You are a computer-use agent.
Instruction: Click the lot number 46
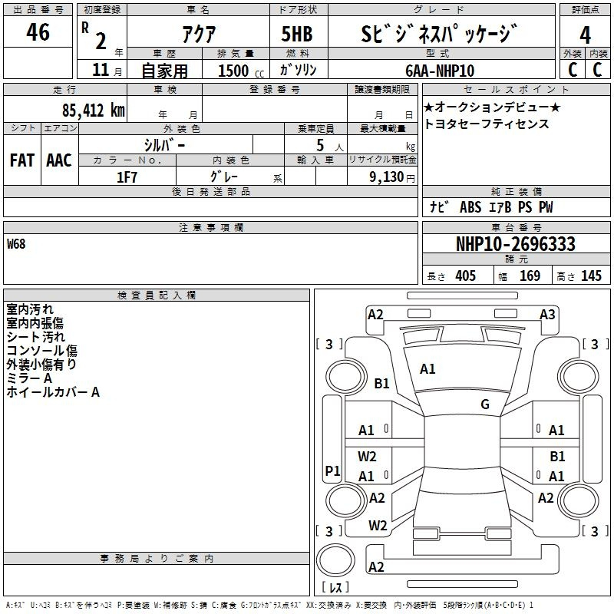click(38, 32)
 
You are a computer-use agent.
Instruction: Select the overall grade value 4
click(585, 35)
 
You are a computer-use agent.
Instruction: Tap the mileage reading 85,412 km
click(94, 110)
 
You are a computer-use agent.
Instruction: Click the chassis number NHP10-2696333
click(516, 244)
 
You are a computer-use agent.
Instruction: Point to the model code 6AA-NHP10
click(440, 71)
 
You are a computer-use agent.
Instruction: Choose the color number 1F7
click(127, 177)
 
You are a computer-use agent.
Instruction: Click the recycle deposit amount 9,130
click(387, 177)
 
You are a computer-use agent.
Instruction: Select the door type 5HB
click(297, 34)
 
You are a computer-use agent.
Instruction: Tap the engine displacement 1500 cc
click(241, 71)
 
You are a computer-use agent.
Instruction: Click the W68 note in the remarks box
click(16, 244)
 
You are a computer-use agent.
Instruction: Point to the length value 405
click(466, 276)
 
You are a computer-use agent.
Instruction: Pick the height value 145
click(591, 276)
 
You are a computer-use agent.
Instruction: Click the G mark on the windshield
click(485, 404)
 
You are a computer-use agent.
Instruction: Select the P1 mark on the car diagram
click(333, 470)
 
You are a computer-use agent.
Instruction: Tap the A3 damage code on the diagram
click(547, 315)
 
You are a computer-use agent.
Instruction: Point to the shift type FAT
click(22, 160)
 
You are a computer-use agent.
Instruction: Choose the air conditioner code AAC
click(59, 160)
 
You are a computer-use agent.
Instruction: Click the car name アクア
click(199, 34)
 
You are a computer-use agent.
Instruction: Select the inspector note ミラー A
click(29, 378)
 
